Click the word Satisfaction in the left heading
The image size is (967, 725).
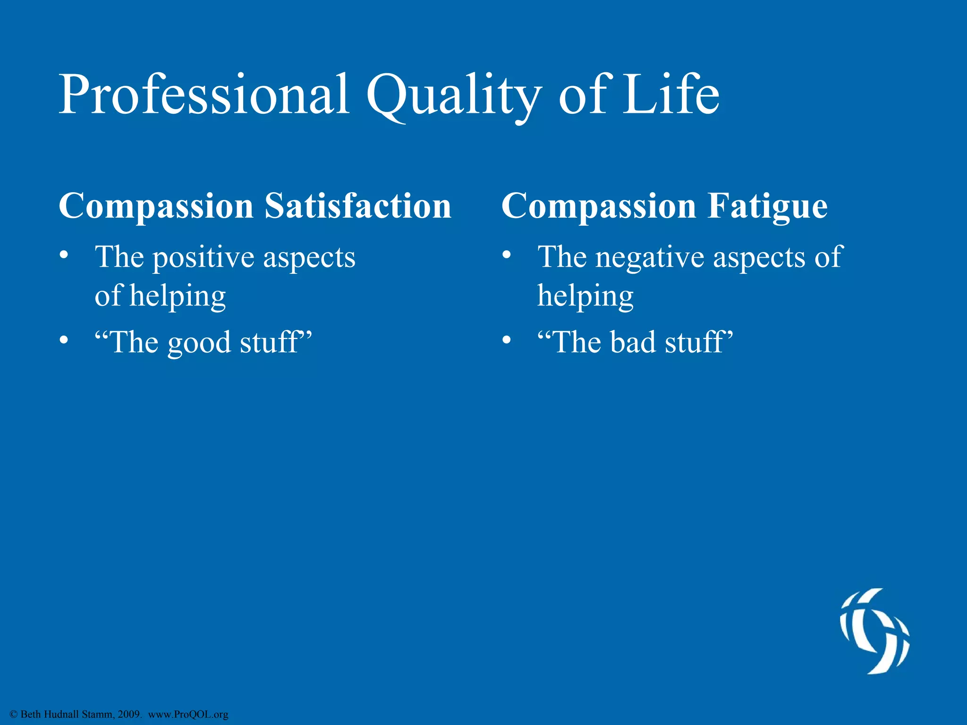point(358,206)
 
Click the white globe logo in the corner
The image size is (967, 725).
point(874,631)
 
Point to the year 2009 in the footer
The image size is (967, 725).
point(128,714)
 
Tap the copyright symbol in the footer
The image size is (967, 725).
point(14,715)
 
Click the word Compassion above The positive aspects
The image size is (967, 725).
point(156,206)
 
